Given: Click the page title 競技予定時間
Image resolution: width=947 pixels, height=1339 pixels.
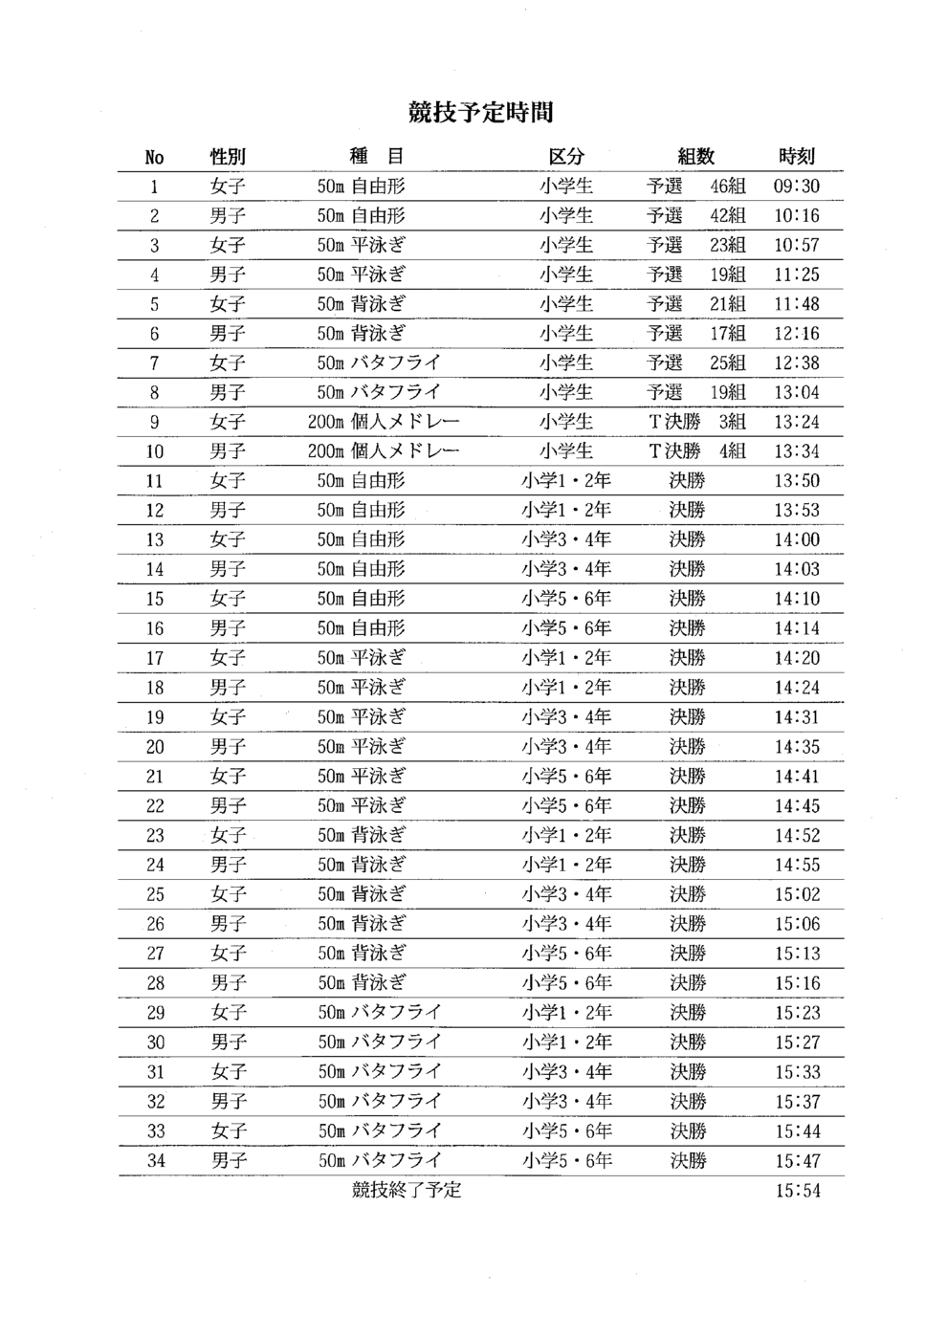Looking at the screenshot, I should click(x=480, y=113).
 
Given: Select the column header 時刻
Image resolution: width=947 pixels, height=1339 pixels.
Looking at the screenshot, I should click(x=796, y=157).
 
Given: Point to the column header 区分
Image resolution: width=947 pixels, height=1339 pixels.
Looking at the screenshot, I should click(x=565, y=157).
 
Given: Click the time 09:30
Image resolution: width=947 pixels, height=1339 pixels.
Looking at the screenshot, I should click(x=796, y=187).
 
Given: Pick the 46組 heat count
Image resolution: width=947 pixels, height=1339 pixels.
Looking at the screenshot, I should click(x=727, y=187).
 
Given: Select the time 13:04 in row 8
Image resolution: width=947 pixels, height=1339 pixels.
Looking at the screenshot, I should click(x=796, y=392).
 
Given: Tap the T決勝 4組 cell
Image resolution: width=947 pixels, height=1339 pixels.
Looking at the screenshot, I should click(x=697, y=451).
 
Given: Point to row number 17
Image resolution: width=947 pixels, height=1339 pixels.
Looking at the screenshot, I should click(x=155, y=658).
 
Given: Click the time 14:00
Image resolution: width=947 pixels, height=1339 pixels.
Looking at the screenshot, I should click(x=796, y=539).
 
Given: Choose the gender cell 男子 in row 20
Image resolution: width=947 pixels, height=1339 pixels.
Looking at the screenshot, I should click(x=229, y=747).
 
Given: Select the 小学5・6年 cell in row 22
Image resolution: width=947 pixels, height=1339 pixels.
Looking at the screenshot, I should click(x=566, y=806).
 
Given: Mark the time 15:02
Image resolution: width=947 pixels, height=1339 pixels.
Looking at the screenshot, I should click(x=797, y=894).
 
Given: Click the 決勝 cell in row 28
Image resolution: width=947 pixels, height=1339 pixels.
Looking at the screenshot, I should click(x=687, y=983).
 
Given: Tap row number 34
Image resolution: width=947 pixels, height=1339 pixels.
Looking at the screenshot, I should click(x=156, y=1161).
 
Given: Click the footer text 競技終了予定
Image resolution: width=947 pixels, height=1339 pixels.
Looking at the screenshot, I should click(x=407, y=1191).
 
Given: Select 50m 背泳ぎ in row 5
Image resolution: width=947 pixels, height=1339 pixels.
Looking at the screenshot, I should click(x=362, y=304).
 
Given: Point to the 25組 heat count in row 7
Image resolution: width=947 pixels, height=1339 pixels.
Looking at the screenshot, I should click(x=727, y=362).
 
